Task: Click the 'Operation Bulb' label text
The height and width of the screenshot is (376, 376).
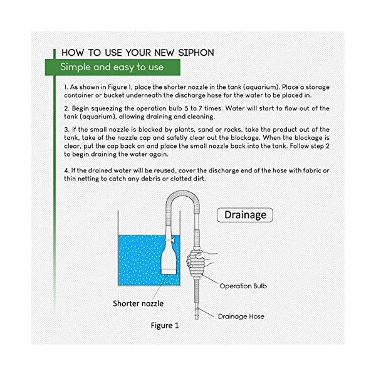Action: point(245,285)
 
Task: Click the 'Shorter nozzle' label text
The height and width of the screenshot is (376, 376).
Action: point(139,303)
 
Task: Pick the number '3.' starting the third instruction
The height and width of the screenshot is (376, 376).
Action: point(66,130)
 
